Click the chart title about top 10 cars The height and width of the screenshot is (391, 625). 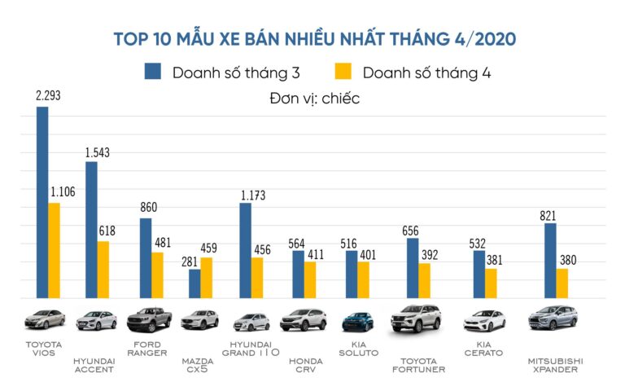(313, 38)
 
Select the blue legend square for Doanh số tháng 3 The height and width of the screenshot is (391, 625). (153, 72)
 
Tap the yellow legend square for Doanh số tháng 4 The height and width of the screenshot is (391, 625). (344, 72)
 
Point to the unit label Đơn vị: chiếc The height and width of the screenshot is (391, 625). (313, 99)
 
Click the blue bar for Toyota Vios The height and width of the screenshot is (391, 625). (42, 204)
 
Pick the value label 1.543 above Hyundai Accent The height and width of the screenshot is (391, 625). (97, 152)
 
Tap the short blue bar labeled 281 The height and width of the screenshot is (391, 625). (194, 284)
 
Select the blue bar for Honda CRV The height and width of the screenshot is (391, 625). (298, 275)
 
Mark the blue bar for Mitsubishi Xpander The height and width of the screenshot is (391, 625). (550, 261)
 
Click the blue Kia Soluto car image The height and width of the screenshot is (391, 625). (357, 321)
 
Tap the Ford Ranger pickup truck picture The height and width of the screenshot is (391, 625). (150, 319)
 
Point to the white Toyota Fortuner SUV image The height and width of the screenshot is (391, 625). (416, 319)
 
